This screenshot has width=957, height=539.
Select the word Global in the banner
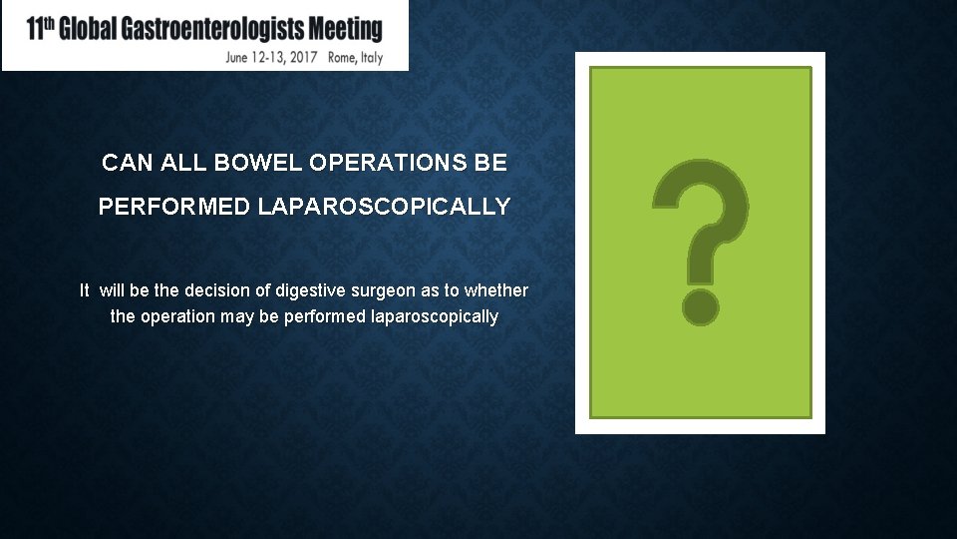coord(88,30)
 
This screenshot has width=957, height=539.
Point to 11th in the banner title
coord(39,29)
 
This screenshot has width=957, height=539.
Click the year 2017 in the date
coord(300,57)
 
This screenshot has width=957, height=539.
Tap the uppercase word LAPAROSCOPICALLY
coord(385,208)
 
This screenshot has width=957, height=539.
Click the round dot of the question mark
coord(701,306)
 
